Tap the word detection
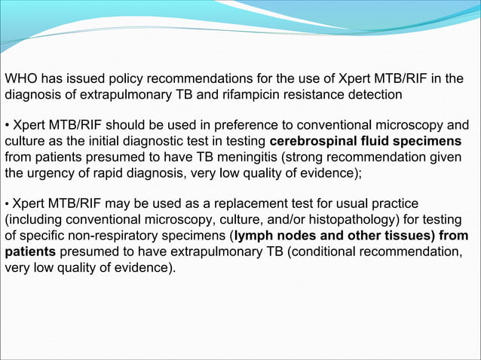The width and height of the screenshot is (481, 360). (x=372, y=95)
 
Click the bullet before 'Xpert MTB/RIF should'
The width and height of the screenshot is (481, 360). (x=8, y=125)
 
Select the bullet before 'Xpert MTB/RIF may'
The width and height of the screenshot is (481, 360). (x=8, y=203)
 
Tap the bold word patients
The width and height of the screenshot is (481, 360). (x=31, y=251)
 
